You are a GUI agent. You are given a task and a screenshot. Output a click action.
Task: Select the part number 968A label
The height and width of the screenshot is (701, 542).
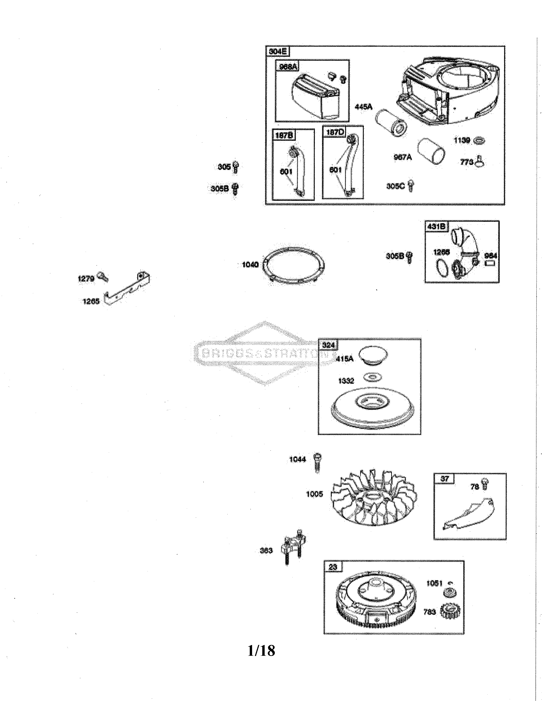coord(288,66)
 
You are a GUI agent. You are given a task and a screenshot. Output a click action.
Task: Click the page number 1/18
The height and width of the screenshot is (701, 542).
coord(261,651)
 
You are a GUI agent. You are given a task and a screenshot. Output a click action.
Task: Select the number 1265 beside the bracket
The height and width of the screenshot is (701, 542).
coord(91,301)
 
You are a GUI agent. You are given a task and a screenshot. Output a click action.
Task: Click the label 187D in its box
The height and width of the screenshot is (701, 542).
coord(335,132)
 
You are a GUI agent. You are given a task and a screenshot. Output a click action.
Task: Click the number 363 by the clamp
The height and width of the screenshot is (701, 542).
coord(266,550)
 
